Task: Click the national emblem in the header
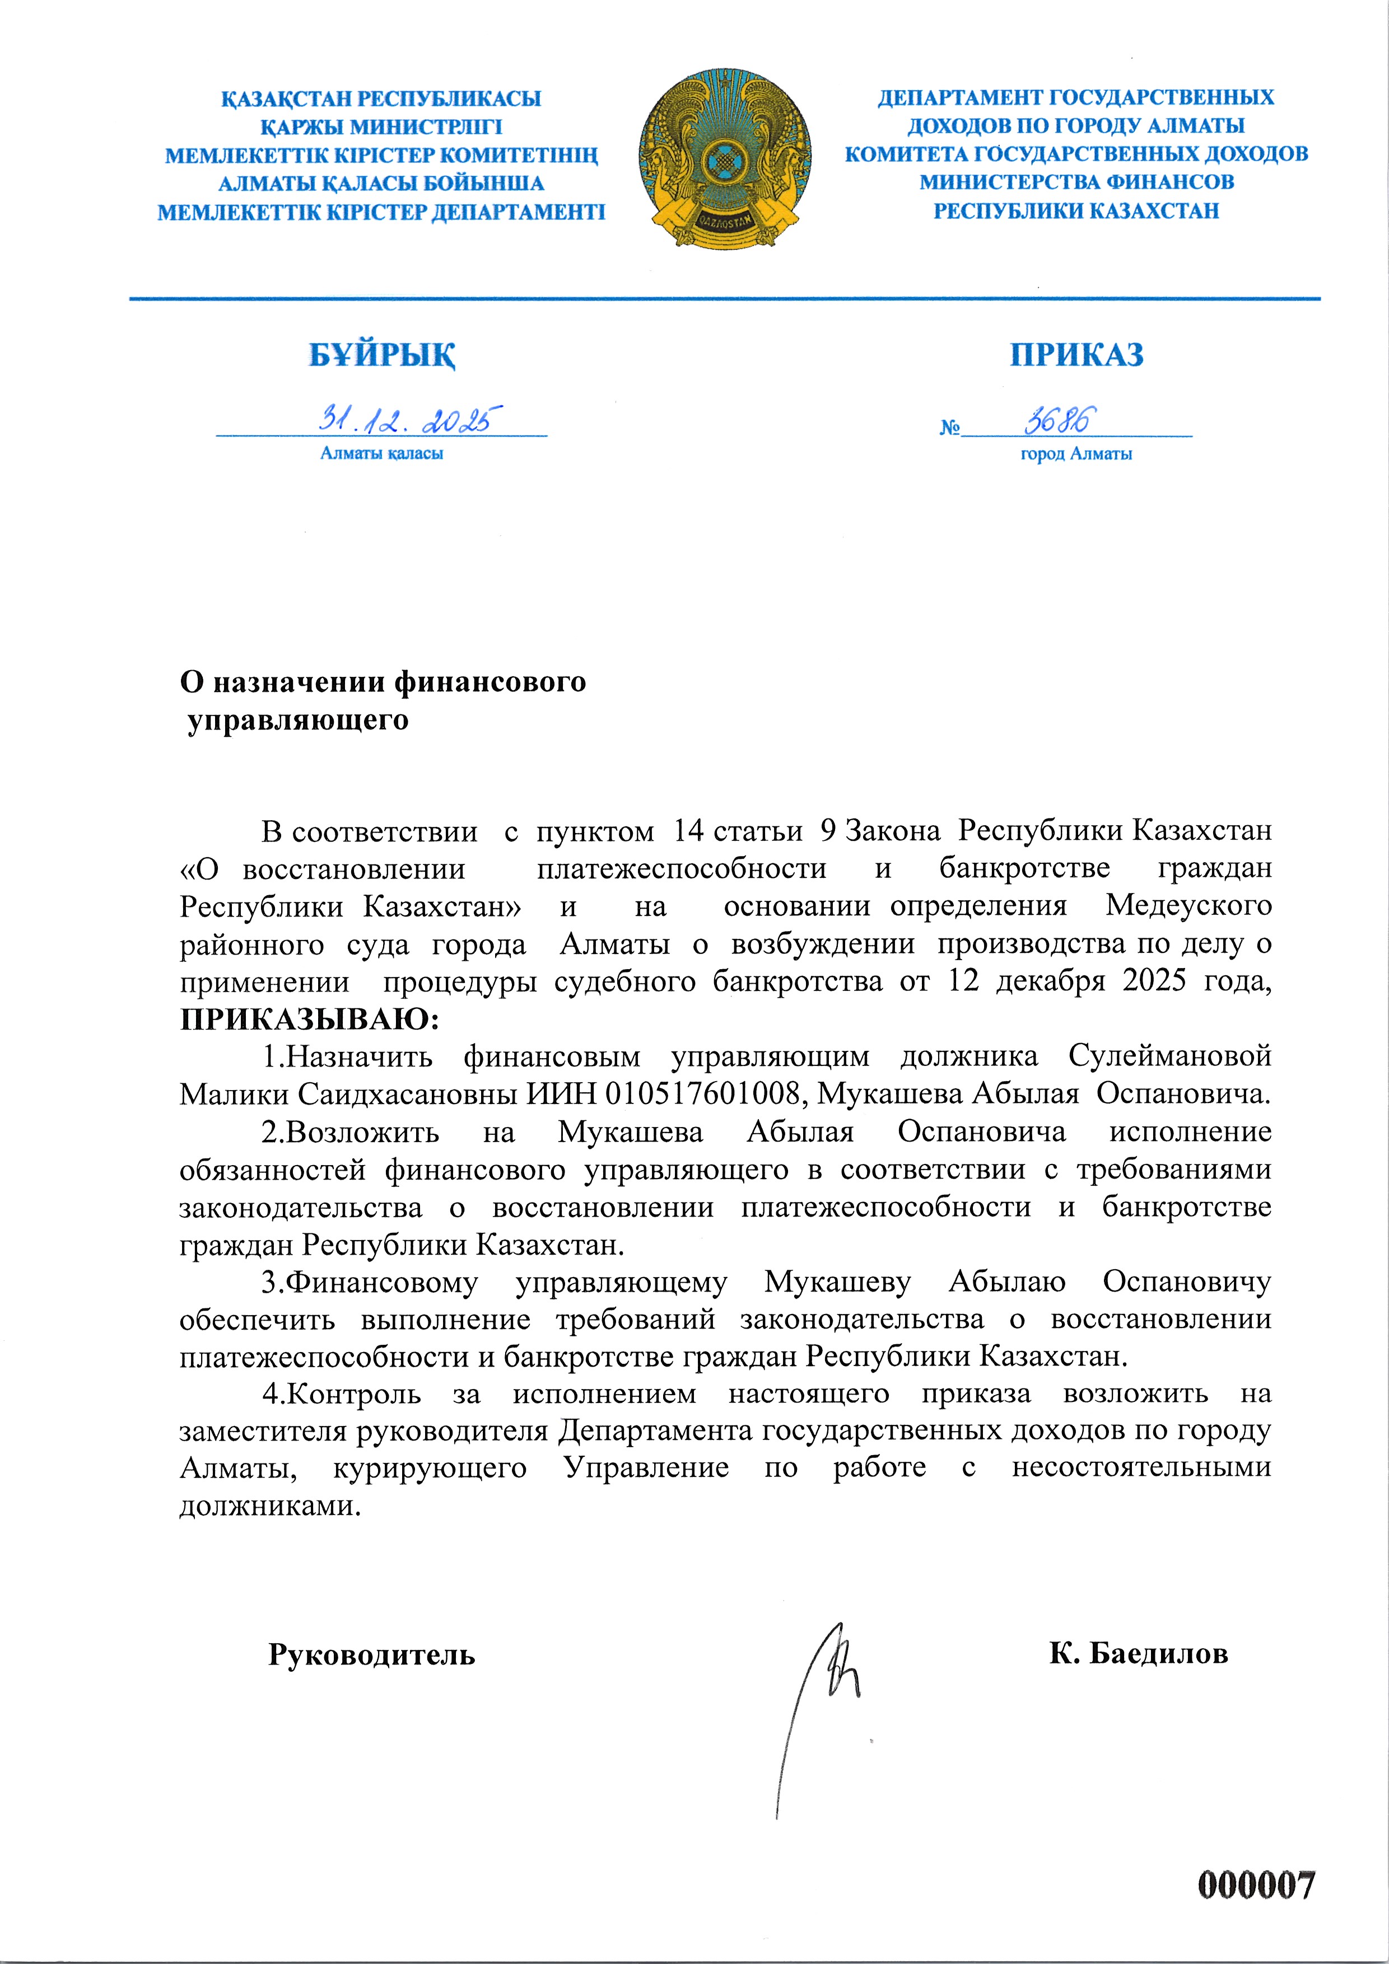point(725,160)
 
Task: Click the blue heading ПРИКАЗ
point(1076,354)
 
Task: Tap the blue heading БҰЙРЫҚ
point(382,355)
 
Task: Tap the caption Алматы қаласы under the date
point(382,454)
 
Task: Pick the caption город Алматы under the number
point(1076,454)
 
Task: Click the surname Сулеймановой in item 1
point(1169,1056)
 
